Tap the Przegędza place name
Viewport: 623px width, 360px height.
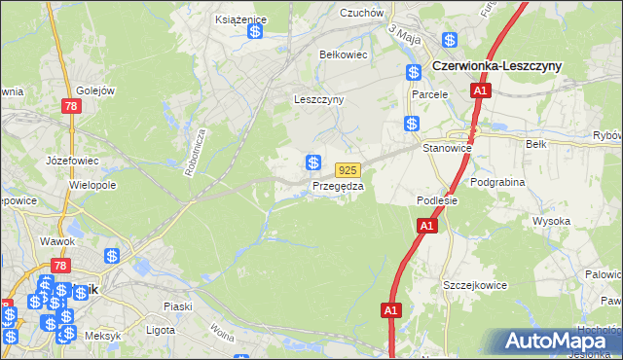click(x=337, y=186)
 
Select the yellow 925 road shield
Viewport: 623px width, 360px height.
click(x=350, y=168)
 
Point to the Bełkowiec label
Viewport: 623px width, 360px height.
click(x=342, y=54)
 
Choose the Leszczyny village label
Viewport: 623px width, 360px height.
click(x=320, y=99)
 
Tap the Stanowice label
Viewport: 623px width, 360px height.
click(x=448, y=147)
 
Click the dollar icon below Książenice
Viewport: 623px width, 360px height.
click(x=254, y=32)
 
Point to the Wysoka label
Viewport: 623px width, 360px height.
click(x=551, y=221)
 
